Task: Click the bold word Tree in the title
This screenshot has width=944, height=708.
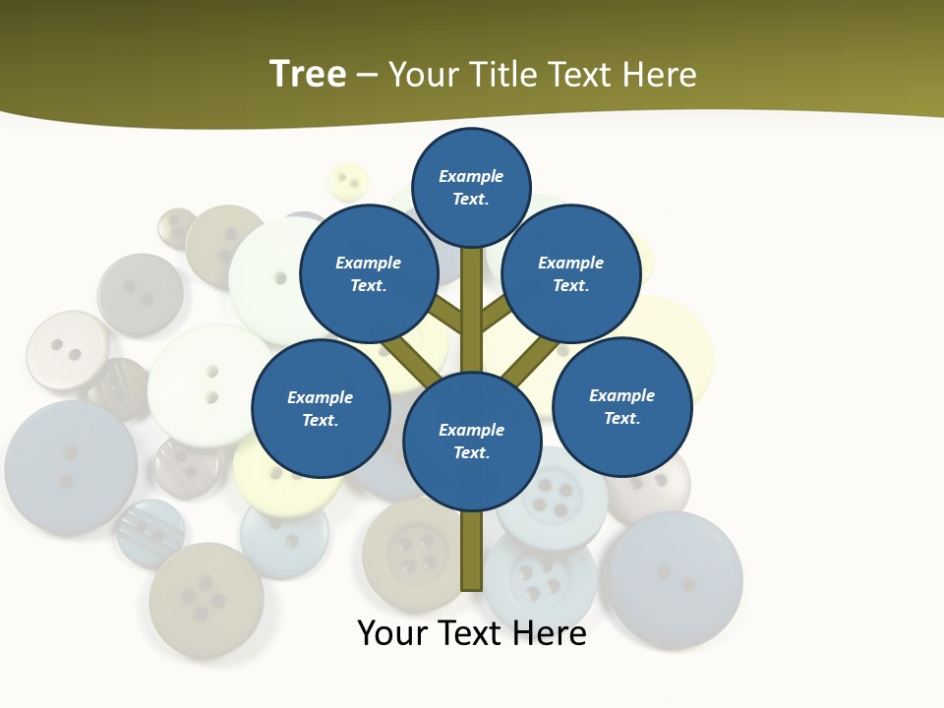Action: click(x=308, y=75)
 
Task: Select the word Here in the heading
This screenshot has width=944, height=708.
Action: click(x=661, y=75)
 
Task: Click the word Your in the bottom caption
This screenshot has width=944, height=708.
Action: click(x=392, y=633)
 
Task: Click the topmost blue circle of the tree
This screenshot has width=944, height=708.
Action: click(x=471, y=187)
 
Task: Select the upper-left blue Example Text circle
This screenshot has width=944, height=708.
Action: click(x=369, y=273)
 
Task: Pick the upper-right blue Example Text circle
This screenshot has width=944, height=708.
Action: click(x=571, y=273)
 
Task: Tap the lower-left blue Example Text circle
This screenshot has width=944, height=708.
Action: click(x=321, y=408)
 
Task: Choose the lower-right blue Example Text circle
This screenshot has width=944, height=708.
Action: click(x=622, y=406)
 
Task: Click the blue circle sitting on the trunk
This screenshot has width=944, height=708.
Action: click(x=472, y=441)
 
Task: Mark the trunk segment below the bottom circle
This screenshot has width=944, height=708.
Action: click(x=472, y=551)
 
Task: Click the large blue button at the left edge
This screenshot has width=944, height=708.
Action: click(x=70, y=468)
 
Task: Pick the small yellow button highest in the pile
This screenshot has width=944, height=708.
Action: click(x=347, y=182)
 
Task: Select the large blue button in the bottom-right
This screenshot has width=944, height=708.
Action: click(x=675, y=579)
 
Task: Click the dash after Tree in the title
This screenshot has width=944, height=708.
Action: click(x=367, y=76)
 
